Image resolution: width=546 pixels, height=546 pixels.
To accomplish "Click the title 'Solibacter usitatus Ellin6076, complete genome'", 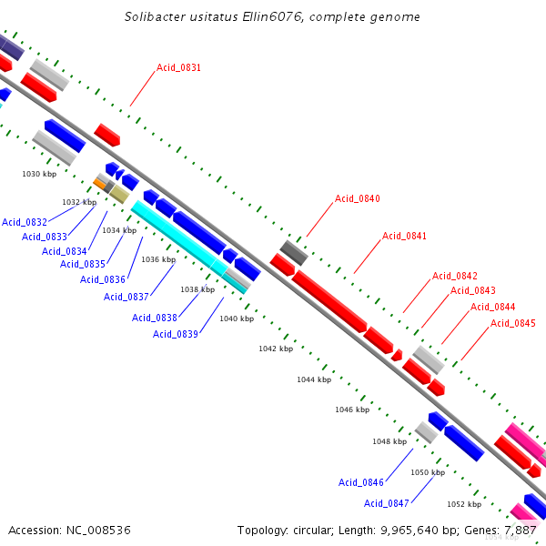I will click(x=272, y=17).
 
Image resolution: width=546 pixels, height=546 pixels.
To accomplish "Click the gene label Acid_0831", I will click(x=178, y=68).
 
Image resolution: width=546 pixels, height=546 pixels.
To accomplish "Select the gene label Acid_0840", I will click(x=357, y=199).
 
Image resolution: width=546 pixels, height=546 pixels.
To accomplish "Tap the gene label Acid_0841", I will click(x=404, y=237).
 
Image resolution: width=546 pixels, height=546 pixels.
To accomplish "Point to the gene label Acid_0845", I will click(x=513, y=324).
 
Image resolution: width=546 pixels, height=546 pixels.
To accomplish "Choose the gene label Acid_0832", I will click(x=25, y=222).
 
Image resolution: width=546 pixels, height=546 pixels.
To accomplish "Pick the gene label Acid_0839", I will click(x=176, y=334).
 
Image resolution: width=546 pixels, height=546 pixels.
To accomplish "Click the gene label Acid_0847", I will click(x=387, y=503).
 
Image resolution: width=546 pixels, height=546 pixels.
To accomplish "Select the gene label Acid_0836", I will click(x=103, y=279).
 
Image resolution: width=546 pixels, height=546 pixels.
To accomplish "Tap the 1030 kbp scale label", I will click(x=39, y=174).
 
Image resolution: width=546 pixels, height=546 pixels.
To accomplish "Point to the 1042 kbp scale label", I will click(x=276, y=349).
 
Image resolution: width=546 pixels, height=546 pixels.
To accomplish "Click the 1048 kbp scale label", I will click(x=389, y=441).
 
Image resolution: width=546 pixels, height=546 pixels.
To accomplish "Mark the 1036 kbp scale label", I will click(x=157, y=259).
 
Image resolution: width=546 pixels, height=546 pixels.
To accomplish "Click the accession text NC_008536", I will click(x=69, y=530).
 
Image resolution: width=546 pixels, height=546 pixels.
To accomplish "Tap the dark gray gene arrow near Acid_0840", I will click(x=293, y=252).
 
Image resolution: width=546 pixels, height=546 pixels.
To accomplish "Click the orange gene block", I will click(x=99, y=184).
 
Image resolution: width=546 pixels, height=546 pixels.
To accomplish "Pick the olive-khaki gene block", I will click(x=119, y=195).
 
